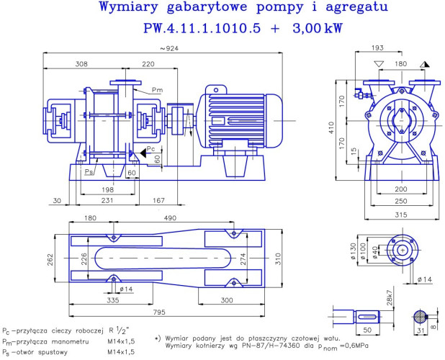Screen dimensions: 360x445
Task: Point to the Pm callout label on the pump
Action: click(x=157, y=90)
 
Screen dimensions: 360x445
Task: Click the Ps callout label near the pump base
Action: click(x=89, y=173)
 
